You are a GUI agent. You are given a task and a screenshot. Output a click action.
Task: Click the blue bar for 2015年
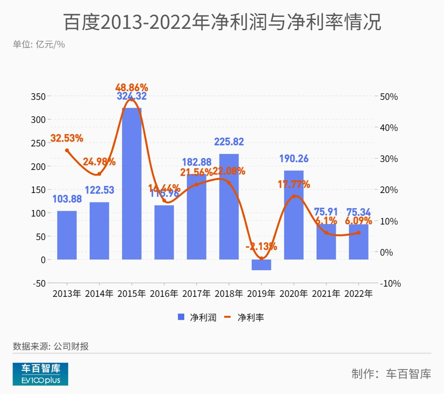[132, 184]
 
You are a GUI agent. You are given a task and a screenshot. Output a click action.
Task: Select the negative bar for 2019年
[261, 265]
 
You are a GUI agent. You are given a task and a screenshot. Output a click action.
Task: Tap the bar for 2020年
[294, 215]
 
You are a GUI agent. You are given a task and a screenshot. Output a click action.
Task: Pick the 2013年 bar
[67, 235]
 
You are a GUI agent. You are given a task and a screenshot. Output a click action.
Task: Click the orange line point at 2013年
[67, 150]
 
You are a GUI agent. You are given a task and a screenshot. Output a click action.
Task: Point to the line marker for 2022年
[358, 232]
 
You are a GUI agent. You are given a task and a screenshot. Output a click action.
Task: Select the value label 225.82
[229, 142]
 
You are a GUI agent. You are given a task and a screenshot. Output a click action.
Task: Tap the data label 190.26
[294, 159]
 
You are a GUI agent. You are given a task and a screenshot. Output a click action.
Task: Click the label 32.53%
[67, 138]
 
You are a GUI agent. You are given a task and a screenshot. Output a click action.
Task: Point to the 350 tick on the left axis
[39, 97]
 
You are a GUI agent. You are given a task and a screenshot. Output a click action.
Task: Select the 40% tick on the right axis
[389, 128]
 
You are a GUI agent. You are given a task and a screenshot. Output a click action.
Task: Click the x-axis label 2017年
[196, 294]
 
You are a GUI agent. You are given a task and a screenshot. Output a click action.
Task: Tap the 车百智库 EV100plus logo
[40, 374]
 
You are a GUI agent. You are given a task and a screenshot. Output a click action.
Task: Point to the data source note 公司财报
[51, 346]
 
